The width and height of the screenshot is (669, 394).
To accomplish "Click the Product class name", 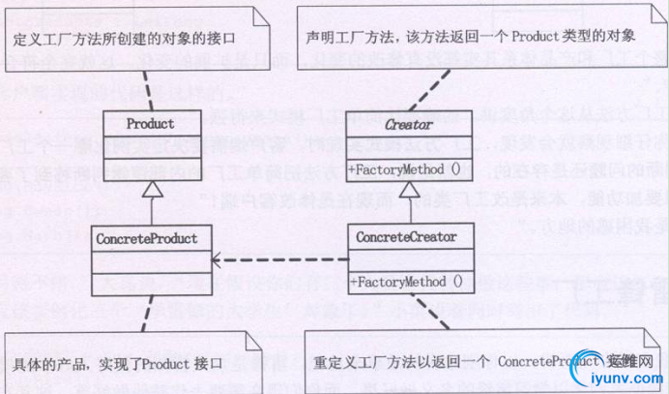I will (151, 124).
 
